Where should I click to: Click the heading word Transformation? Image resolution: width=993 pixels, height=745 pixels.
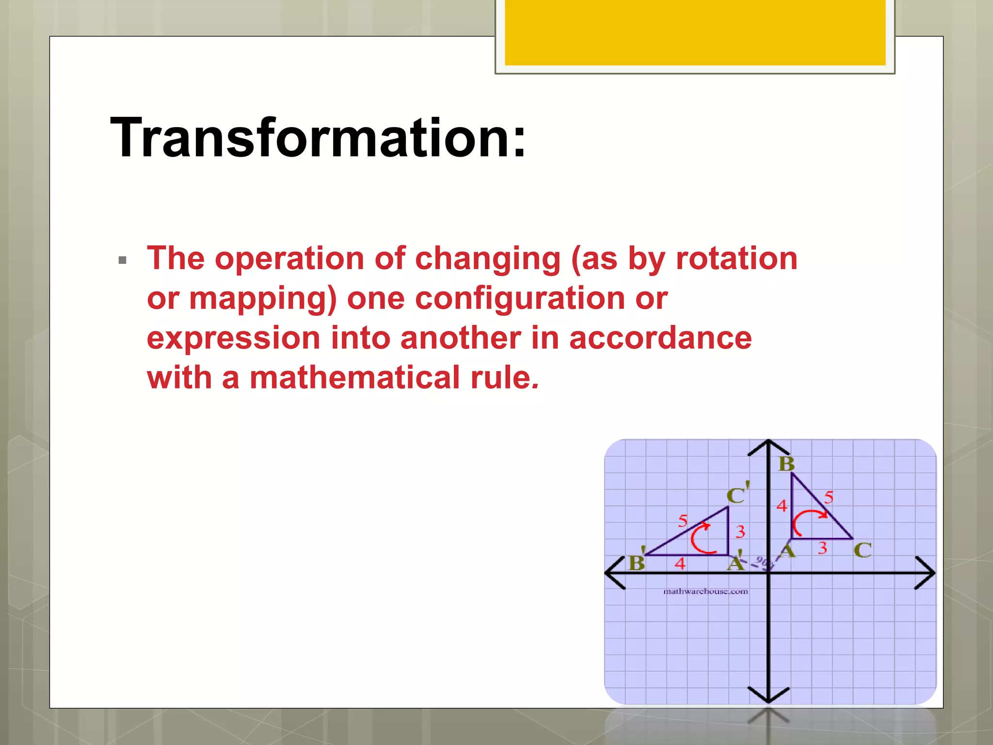pyautogui.click(x=318, y=138)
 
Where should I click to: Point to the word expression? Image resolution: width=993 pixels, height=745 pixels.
pyautogui.click(x=233, y=338)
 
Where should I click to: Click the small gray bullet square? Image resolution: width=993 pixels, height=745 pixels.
pyautogui.click(x=122, y=260)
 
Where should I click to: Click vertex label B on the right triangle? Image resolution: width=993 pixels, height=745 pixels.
pyautogui.click(x=786, y=464)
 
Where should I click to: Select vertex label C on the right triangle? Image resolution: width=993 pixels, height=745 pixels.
pyautogui.click(x=862, y=550)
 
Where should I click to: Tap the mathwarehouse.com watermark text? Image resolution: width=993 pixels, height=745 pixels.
pyautogui.click(x=705, y=591)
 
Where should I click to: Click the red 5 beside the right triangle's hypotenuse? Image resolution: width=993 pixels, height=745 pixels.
pyautogui.click(x=829, y=497)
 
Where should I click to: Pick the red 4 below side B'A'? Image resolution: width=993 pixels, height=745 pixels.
pyautogui.click(x=680, y=564)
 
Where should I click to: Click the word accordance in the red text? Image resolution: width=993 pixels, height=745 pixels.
pyautogui.click(x=660, y=338)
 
